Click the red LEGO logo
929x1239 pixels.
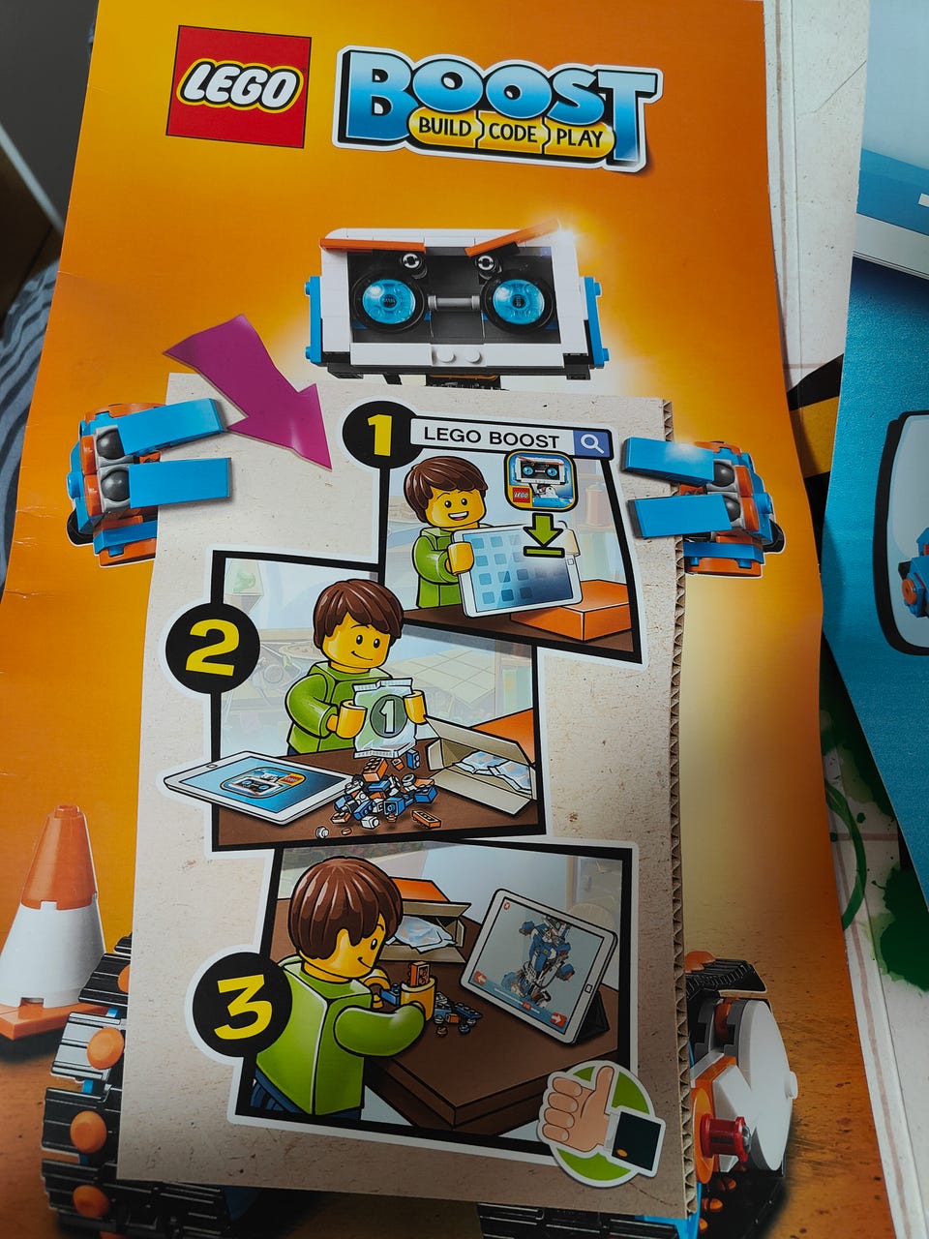coord(238,86)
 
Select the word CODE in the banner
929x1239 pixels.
coord(513,133)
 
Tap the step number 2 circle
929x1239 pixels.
coord(210,650)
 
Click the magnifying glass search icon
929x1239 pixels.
coord(592,443)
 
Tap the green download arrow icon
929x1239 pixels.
coord(543,539)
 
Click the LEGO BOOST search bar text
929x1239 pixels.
coord(492,438)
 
